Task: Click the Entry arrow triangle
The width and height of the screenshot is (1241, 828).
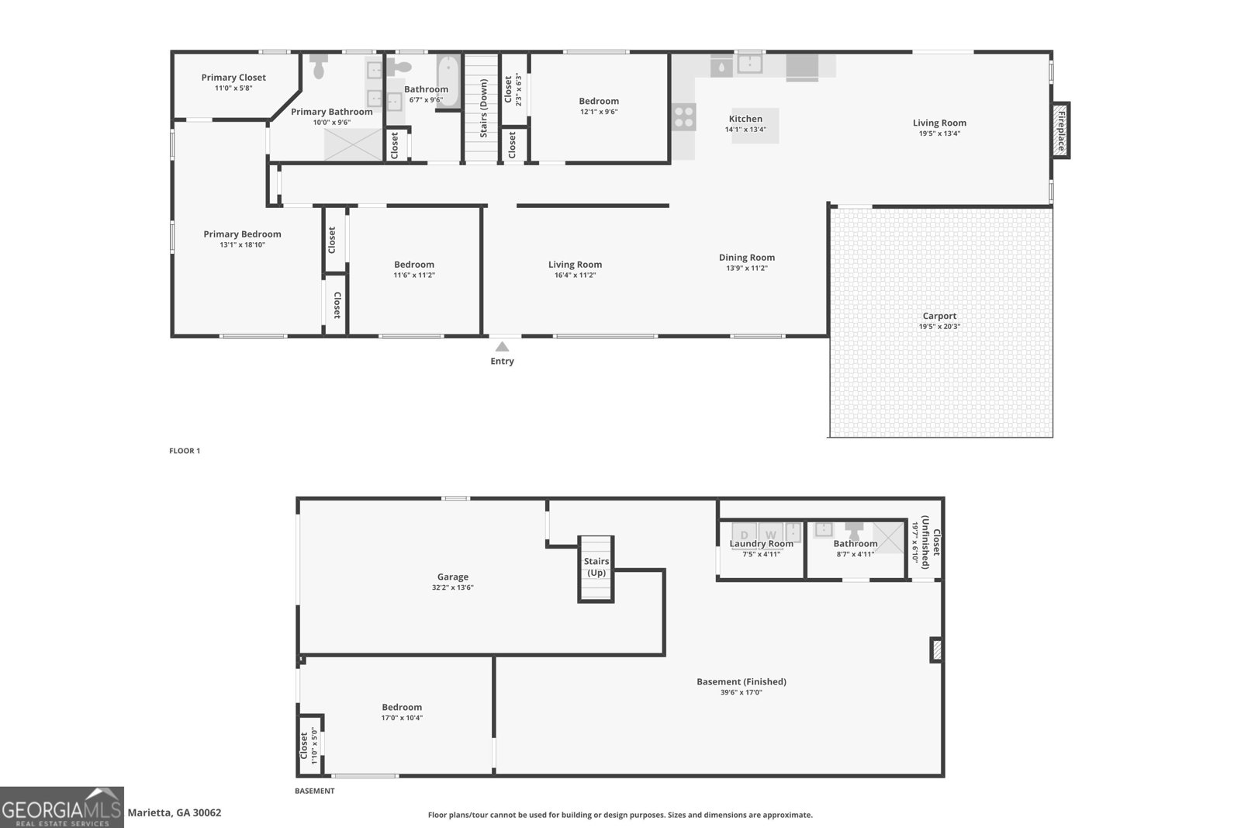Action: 502,347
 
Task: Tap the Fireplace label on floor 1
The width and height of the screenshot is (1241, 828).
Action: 1061,131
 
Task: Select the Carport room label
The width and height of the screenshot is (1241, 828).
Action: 939,316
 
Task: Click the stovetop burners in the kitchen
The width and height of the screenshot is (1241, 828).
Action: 683,117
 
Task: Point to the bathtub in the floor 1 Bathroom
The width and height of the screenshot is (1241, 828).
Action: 448,81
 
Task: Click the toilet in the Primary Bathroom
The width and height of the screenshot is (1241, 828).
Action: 319,66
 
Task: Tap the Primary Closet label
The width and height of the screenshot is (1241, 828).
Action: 233,78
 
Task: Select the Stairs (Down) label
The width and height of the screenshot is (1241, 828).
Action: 484,108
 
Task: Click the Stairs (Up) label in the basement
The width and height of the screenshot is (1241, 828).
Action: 596,567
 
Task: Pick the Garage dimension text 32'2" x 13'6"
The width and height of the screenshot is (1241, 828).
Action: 453,587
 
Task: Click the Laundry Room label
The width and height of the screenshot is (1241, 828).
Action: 761,544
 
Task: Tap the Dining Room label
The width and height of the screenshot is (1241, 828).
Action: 747,257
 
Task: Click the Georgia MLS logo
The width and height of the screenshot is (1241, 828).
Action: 61,807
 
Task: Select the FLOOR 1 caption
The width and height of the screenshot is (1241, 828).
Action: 185,451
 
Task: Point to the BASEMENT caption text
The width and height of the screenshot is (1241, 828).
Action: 315,791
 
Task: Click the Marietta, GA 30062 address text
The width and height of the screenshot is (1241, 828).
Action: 175,812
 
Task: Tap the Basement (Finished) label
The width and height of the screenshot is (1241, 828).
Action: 741,681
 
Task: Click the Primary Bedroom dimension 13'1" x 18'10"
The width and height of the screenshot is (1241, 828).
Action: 242,245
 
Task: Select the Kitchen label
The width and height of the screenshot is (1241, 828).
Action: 745,119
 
